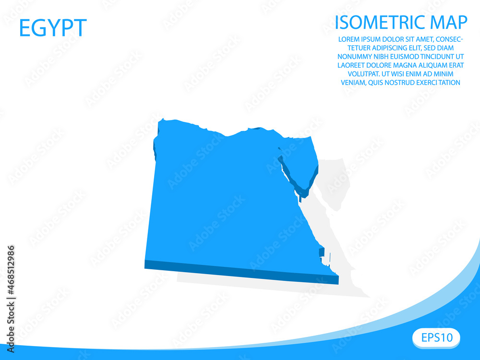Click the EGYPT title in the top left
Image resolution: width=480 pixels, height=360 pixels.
tap(53, 28)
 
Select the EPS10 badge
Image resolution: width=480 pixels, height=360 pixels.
tap(436, 337)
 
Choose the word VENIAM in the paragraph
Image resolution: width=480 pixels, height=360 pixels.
tap(353, 83)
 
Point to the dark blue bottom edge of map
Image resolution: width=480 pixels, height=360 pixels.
tap(240, 271)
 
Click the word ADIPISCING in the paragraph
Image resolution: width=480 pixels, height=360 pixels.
tap(378, 48)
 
